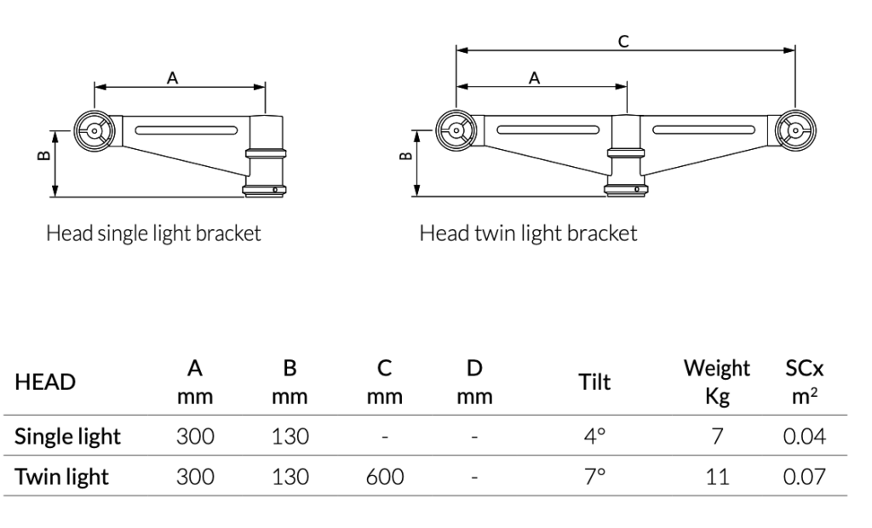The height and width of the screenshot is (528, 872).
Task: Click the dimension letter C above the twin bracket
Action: point(624,41)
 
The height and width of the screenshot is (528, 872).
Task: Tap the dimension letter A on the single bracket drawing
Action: point(172,77)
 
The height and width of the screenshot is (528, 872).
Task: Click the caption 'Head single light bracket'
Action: point(153,233)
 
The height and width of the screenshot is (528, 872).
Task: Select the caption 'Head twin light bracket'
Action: point(528,233)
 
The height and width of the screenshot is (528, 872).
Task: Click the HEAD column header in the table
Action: point(45,382)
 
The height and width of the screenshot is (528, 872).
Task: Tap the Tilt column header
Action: point(594,382)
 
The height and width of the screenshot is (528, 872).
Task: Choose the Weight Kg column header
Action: point(717,382)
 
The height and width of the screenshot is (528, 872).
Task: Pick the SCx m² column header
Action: point(803,382)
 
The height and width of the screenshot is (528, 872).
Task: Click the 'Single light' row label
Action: point(67,437)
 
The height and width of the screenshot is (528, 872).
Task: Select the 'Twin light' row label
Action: point(61,477)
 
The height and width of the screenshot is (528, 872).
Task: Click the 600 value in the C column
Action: point(385,477)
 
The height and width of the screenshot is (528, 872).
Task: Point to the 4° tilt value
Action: point(595,437)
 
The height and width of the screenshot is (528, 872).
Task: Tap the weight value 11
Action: point(718,477)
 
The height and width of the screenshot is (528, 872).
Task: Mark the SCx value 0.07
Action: point(805,477)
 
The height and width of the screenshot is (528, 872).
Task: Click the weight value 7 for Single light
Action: point(718,437)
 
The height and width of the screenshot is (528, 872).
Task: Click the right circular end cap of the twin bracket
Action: point(795,131)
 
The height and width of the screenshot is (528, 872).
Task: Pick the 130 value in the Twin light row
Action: point(290,477)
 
